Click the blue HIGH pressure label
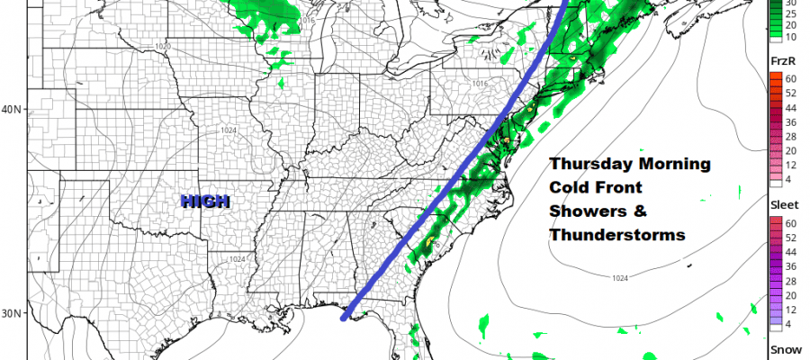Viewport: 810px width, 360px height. click(205, 202)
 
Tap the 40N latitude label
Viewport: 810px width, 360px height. click(12, 110)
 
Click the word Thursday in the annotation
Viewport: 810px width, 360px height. click(589, 165)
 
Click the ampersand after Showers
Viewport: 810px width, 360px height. click(636, 211)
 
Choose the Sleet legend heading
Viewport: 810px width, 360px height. click(783, 205)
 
